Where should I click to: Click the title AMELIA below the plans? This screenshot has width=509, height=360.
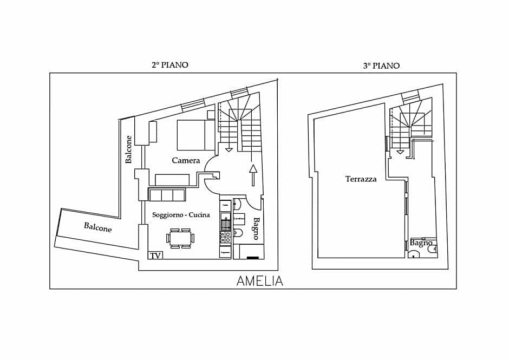tap(259, 281)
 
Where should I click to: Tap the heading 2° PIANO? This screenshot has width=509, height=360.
tap(169, 65)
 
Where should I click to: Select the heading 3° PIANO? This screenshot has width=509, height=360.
tap(381, 66)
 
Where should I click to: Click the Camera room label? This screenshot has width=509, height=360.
tap(186, 160)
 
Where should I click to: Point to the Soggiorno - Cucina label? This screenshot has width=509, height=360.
tap(181, 215)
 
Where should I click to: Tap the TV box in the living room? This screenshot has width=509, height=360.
tap(155, 255)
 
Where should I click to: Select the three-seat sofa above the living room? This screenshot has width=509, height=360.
tap(167, 195)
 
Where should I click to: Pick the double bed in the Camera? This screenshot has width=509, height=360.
tap(195, 135)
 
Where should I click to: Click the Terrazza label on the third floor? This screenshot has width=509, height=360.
tap(361, 179)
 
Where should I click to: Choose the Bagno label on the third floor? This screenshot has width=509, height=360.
tap(421, 243)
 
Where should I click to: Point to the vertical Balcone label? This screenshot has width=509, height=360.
tap(129, 149)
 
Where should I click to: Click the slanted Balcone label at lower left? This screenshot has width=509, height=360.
tap(98, 227)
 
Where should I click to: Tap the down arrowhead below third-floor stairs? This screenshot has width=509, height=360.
tap(400, 152)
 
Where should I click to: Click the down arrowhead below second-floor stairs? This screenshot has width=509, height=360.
tap(229, 148)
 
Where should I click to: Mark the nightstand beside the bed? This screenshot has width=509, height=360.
tap(211, 114)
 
